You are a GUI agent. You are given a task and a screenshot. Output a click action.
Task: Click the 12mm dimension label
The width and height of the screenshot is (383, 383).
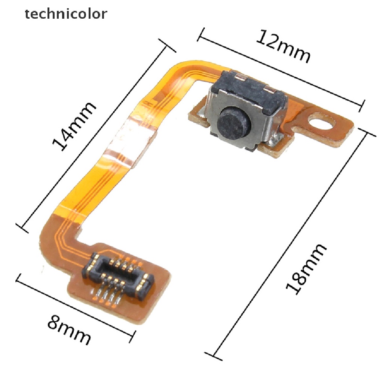click(284, 46)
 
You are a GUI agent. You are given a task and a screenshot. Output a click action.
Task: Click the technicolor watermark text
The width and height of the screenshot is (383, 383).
click(66, 14)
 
